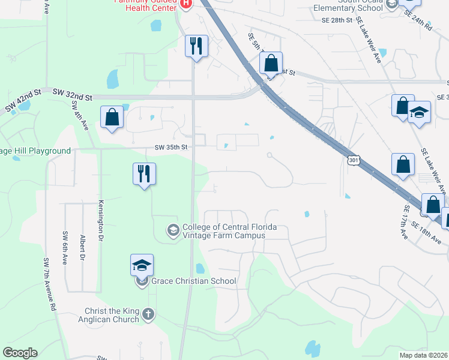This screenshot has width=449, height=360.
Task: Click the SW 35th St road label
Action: pos(172,147)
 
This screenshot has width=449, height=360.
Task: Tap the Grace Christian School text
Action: pos(194,281)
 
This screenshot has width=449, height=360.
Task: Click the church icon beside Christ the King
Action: pos(148,313)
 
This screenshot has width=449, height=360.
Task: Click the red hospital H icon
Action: pos(185,3)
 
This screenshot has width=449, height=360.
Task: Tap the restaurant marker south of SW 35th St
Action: pos(144,174)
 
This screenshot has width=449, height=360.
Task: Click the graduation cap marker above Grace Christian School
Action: pos(142,265)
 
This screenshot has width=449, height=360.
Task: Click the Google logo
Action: pos(20,353)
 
